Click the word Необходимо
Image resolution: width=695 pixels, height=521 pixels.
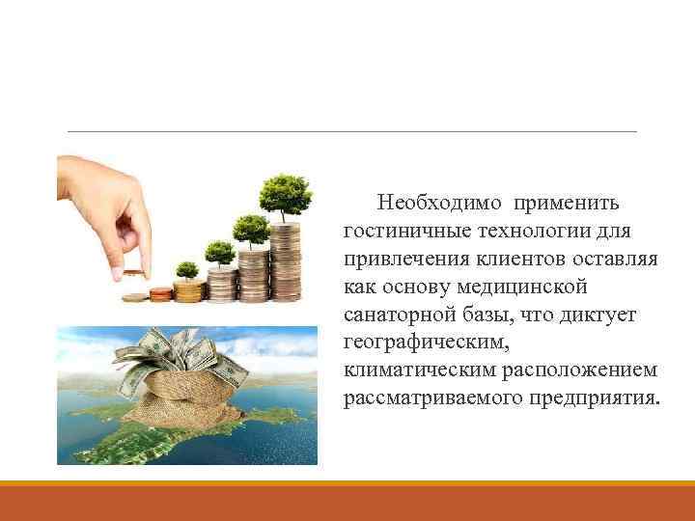440,204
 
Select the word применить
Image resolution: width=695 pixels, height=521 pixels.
568,204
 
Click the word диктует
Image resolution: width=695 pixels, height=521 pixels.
596,315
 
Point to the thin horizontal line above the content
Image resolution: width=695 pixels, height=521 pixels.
347,131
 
